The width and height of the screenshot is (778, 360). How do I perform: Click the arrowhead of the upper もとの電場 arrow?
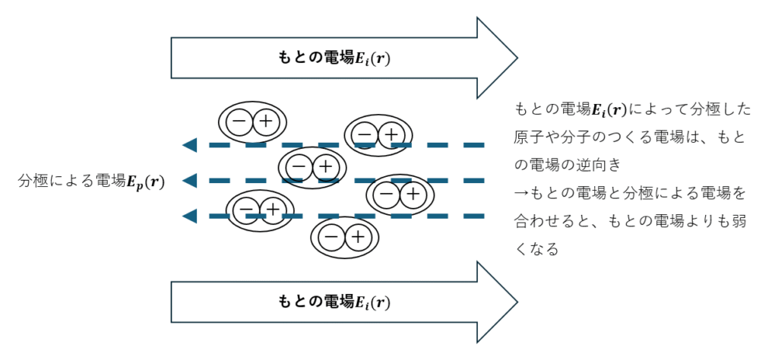[x=497, y=58]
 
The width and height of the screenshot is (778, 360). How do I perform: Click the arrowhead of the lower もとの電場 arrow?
[x=497, y=302]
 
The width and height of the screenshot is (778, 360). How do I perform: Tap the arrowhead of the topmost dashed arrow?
[x=190, y=144]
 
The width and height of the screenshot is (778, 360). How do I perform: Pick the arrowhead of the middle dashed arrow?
[x=190, y=181]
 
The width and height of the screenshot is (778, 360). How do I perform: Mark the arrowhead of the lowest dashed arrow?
[x=190, y=216]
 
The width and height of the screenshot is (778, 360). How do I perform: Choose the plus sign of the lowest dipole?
[x=358, y=238]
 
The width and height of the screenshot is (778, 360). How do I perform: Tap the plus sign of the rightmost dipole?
[x=413, y=194]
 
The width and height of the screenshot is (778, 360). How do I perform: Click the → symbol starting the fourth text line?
[x=520, y=193]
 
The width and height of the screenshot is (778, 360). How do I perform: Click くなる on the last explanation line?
[x=536, y=249]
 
